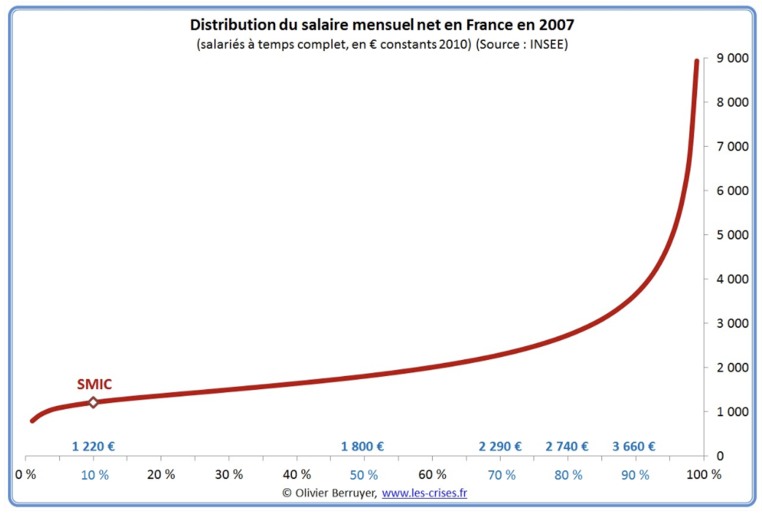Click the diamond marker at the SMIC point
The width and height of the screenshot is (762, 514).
click(93, 402)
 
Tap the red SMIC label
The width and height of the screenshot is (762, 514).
click(94, 385)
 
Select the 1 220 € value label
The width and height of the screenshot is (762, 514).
click(93, 447)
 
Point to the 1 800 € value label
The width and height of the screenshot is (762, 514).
click(362, 447)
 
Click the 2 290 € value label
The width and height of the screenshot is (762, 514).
click(500, 447)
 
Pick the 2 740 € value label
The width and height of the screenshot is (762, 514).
click(567, 447)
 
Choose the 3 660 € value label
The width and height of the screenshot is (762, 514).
click(634, 447)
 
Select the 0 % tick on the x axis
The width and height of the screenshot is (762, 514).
click(26, 475)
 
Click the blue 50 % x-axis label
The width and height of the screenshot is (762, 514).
click(363, 475)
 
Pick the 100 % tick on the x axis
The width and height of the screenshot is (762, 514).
click(705, 475)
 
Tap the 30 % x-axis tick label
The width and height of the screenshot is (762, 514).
click(228, 475)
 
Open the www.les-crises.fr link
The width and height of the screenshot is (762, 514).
click(424, 493)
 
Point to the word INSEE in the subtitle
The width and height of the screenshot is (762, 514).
click(547, 44)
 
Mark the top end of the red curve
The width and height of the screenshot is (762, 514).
click(696, 61)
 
